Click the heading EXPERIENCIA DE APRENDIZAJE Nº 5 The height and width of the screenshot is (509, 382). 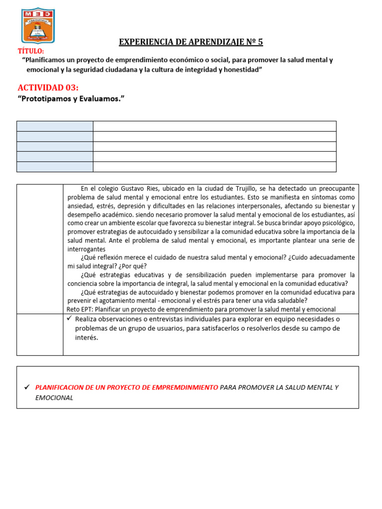click(x=191, y=42)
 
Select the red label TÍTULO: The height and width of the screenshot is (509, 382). click(x=31, y=51)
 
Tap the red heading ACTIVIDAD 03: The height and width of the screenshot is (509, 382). click(x=48, y=87)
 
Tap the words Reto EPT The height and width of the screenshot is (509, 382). click(x=80, y=309)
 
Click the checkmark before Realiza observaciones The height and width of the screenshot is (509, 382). click(x=70, y=319)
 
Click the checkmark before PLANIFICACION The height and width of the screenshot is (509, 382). click(x=28, y=387)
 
